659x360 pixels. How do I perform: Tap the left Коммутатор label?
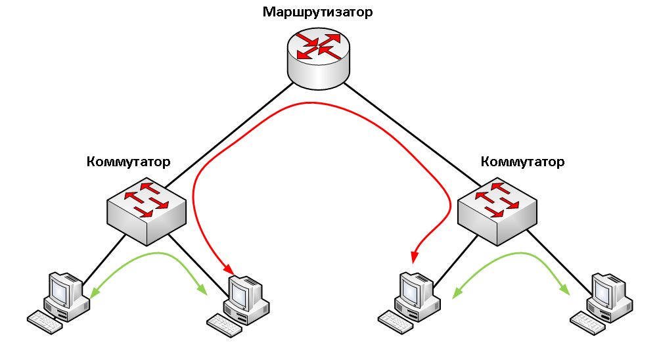[x=128, y=162]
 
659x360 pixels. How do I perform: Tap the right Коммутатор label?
[x=522, y=162]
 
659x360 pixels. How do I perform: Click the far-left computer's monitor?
[x=61, y=287]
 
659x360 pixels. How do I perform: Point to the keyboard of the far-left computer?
[x=44, y=321]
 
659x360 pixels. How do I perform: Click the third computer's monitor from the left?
[x=413, y=287]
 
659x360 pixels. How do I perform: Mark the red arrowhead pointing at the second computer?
[x=229, y=269]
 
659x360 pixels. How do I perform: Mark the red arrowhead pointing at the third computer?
[x=414, y=258]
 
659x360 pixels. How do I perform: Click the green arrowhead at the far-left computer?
[x=93, y=292]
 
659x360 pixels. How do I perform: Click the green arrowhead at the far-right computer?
[x=564, y=289]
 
